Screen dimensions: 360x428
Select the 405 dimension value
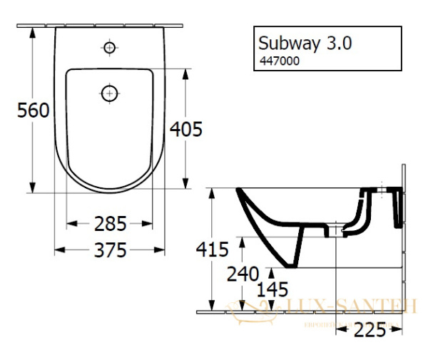point(187,129)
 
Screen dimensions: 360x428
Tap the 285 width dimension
point(111,224)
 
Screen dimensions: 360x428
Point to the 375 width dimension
point(111,250)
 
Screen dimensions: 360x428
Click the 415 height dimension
point(212,250)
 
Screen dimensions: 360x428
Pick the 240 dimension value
point(243,274)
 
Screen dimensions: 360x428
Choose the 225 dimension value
point(370,329)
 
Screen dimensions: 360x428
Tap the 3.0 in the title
point(339,43)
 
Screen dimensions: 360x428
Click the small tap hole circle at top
point(109,48)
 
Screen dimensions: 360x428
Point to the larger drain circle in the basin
point(109,93)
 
